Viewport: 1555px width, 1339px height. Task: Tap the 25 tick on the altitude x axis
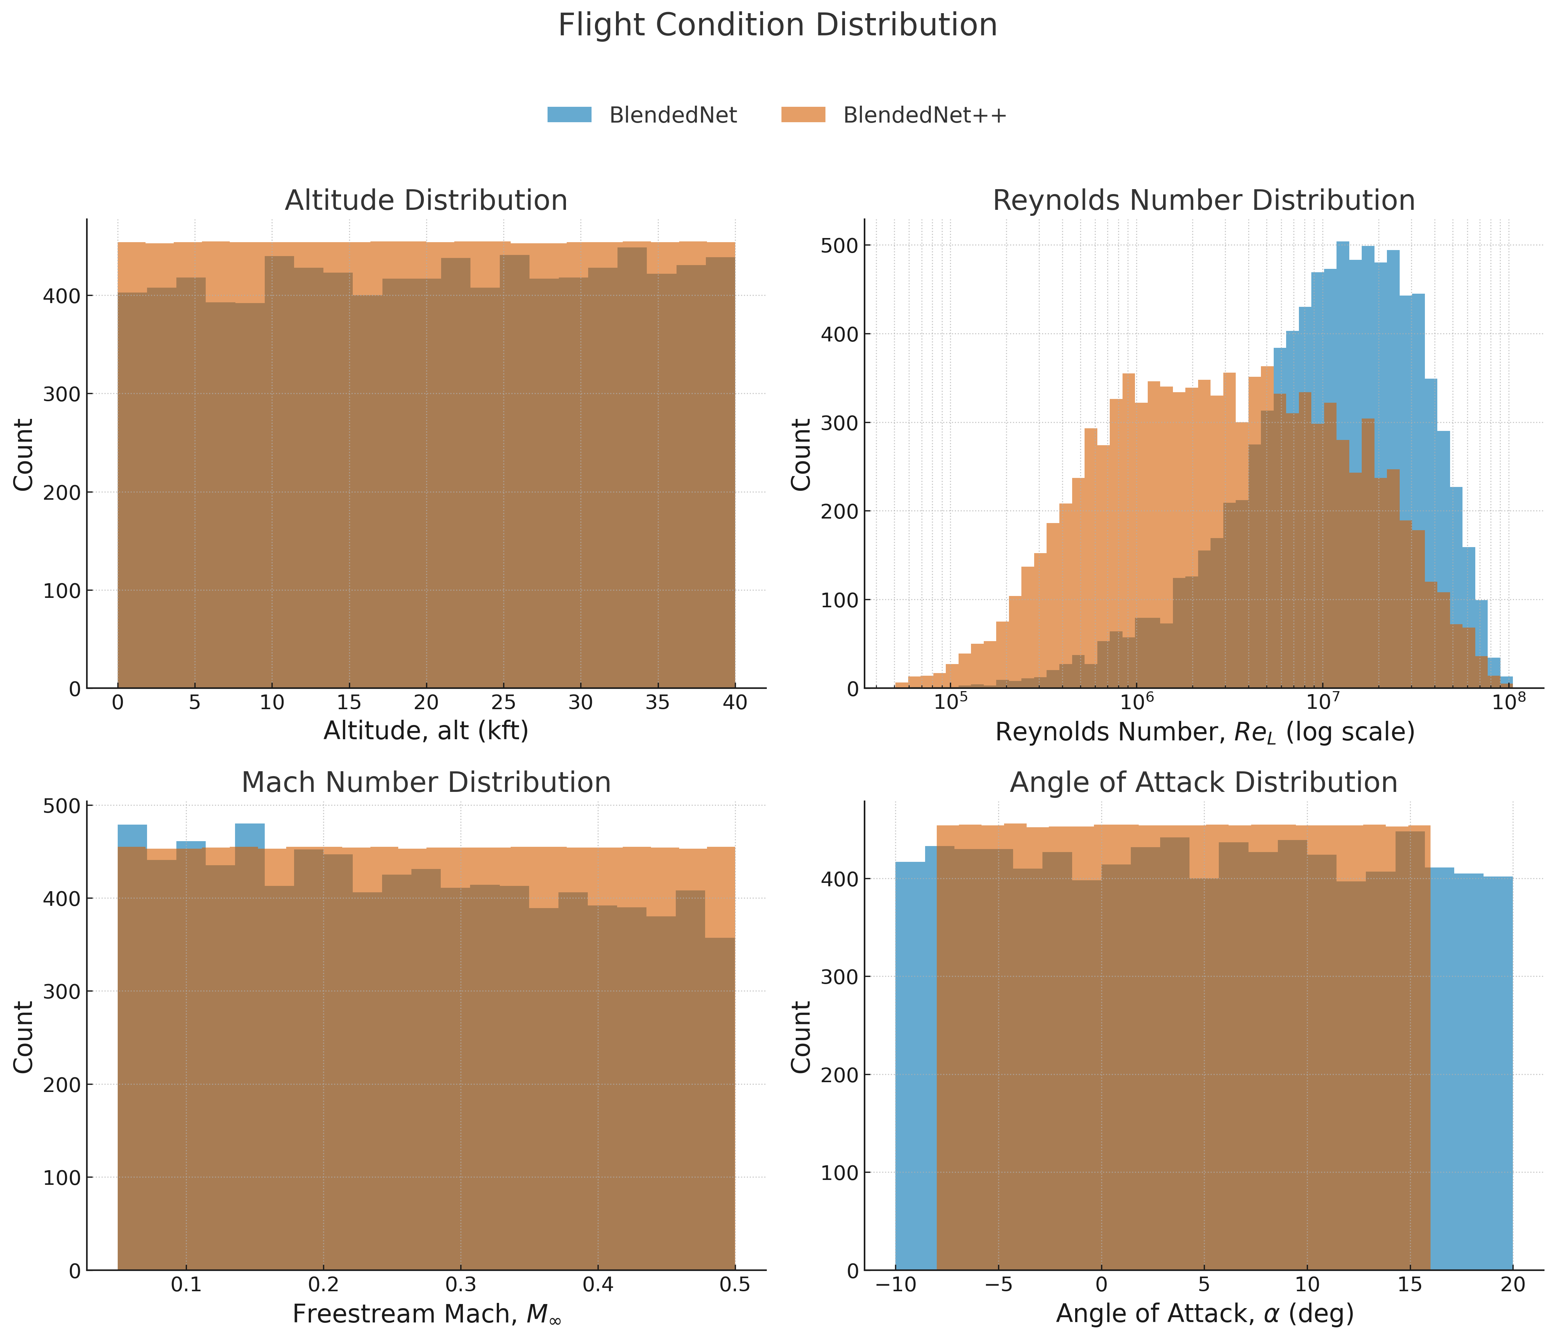click(503, 703)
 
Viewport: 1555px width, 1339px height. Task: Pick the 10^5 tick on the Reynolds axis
click(950, 703)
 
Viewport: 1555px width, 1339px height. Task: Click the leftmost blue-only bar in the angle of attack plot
click(910, 1066)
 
